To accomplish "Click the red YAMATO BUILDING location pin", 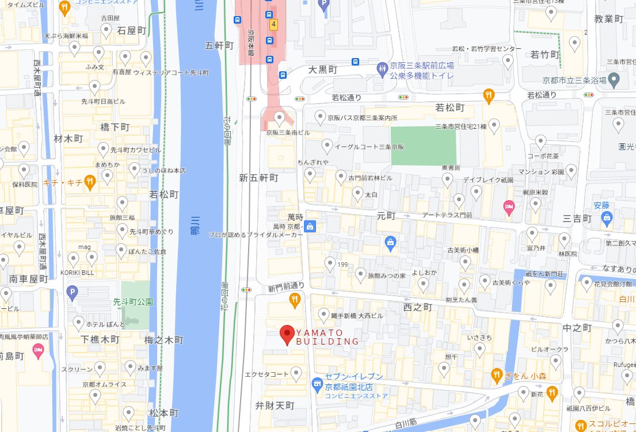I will [x=287, y=334].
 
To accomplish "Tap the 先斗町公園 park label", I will [x=132, y=301].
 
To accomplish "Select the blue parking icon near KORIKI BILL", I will [x=72, y=292].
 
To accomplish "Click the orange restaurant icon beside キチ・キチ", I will [x=90, y=182].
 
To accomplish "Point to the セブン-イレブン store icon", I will [x=316, y=383].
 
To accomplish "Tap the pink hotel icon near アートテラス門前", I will [x=509, y=207].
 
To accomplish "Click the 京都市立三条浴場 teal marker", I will [x=614, y=80].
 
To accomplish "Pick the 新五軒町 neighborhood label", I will [x=258, y=178].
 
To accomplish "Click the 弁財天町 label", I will [x=275, y=406].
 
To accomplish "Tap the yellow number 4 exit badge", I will [x=274, y=24].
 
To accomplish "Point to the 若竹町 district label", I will [x=545, y=55].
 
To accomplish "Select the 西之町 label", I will [x=417, y=308].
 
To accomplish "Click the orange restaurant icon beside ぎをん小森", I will [x=497, y=376].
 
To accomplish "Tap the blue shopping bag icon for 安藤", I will [x=606, y=217].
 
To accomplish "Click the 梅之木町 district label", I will [x=164, y=340].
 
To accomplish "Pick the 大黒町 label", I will [x=322, y=70].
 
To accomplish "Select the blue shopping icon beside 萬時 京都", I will [x=310, y=226].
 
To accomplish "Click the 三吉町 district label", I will [x=577, y=219].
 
